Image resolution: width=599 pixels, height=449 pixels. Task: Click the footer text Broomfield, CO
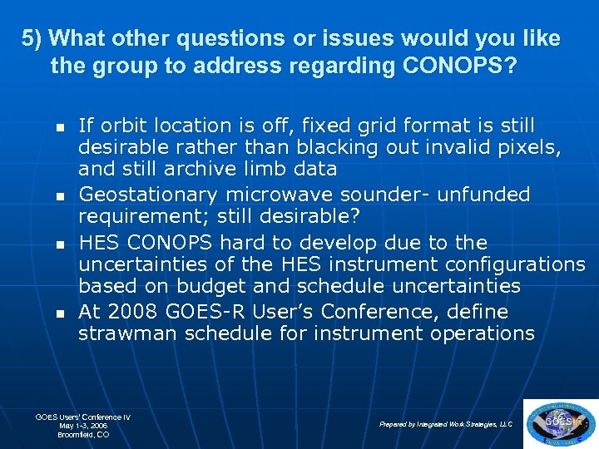click(x=83, y=435)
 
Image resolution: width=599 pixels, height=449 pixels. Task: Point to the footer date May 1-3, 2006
click(x=83, y=426)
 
